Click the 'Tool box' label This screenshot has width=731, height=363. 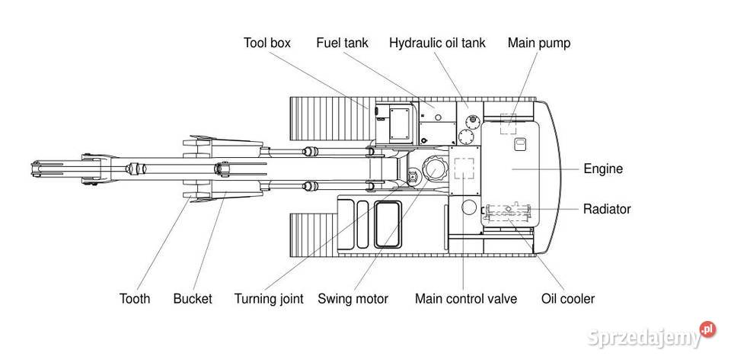[x=267, y=43]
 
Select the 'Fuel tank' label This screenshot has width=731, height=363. [x=342, y=43]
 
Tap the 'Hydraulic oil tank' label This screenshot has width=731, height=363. [x=437, y=43]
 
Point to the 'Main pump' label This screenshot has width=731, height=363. [x=538, y=43]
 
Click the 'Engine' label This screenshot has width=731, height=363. [x=603, y=169]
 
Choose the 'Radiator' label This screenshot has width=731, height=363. [x=607, y=208]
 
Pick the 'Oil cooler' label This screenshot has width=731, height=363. [x=567, y=299]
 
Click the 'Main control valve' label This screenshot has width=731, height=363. [x=465, y=299]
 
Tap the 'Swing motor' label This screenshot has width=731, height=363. [x=353, y=299]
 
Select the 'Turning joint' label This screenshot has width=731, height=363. [x=269, y=299]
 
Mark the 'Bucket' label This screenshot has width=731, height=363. [x=192, y=299]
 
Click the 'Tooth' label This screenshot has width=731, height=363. [x=135, y=299]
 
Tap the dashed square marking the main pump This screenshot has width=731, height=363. [x=509, y=124]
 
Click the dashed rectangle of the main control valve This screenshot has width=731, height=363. [x=463, y=169]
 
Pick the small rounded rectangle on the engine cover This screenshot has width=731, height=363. [x=522, y=143]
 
